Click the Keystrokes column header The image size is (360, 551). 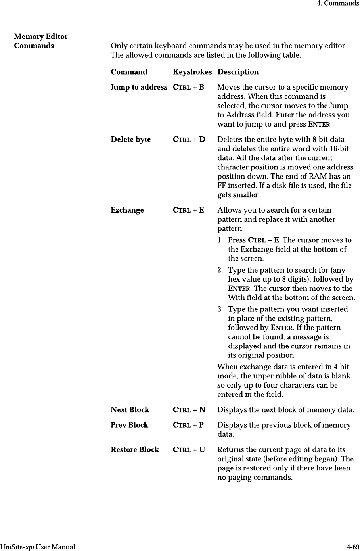[x=192, y=72]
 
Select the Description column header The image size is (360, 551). [x=238, y=72]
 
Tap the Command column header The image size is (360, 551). [x=129, y=72]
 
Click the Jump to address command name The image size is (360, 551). [x=139, y=87]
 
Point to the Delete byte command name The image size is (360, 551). [x=131, y=140]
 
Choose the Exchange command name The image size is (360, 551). [x=127, y=210]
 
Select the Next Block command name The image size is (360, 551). [x=130, y=410]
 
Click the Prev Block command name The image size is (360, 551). [x=130, y=425]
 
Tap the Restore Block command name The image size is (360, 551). [x=135, y=450]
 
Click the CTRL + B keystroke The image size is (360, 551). [x=189, y=87]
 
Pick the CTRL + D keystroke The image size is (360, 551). [x=189, y=140]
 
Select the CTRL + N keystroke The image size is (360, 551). [x=189, y=410]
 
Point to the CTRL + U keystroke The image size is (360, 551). [x=189, y=450]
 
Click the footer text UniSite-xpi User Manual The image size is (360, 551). [x=38, y=547]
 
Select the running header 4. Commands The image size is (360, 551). [x=338, y=4]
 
